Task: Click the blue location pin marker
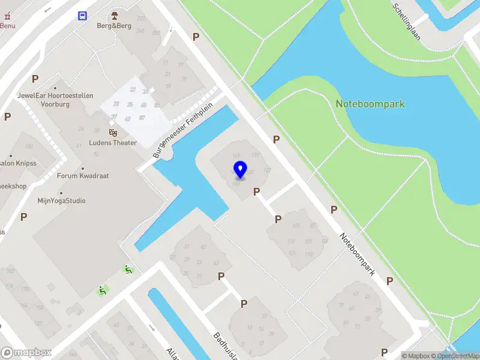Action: (x=241, y=170)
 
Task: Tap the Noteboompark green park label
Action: (x=370, y=104)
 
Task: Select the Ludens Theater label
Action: (x=113, y=143)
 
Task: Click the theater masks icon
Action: (x=113, y=132)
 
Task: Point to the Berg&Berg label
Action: (x=114, y=25)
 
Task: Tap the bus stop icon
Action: (x=82, y=16)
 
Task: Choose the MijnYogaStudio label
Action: (x=61, y=201)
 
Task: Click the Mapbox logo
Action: (x=26, y=353)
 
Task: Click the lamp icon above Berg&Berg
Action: (x=115, y=15)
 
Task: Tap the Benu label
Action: (x=7, y=26)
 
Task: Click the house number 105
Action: (x=295, y=226)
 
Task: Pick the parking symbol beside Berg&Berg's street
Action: (x=196, y=37)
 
